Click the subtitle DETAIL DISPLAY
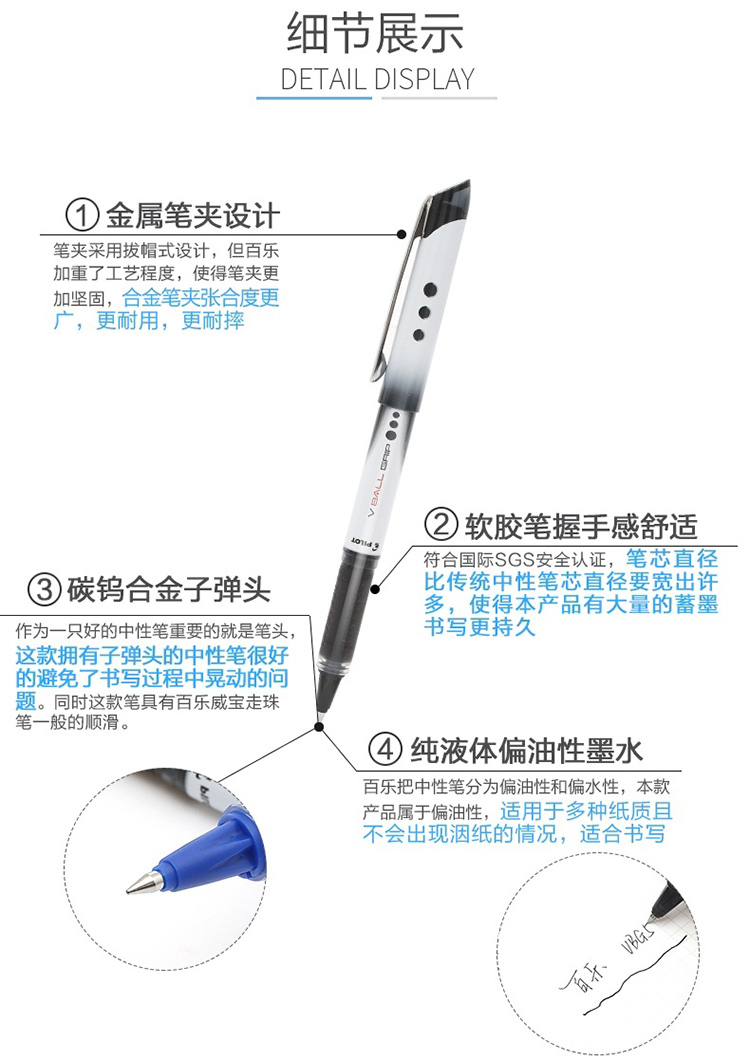[378, 79]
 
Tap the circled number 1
[82, 215]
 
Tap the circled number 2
[441, 524]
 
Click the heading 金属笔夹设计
[192, 215]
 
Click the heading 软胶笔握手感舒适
[581, 525]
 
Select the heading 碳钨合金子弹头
[169, 589]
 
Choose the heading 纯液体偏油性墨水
[526, 749]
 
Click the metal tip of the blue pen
[144, 883]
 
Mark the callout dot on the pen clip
[401, 234]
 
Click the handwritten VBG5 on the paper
[636, 936]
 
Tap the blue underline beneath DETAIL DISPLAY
[314, 98]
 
